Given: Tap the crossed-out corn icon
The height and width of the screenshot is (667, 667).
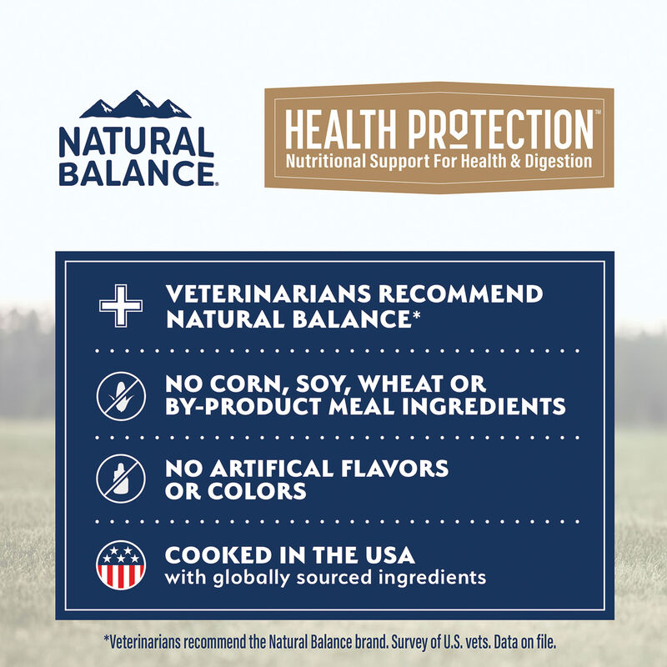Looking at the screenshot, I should (122, 394).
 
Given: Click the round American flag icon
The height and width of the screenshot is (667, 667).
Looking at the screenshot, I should (122, 564).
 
